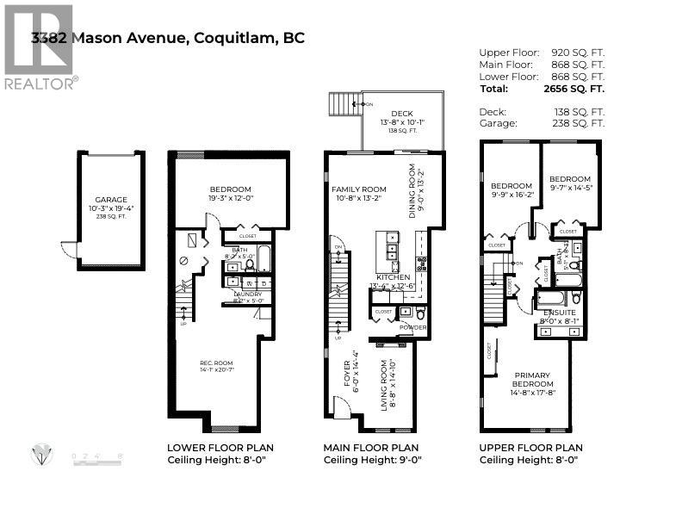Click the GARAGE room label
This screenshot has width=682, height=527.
(111, 196)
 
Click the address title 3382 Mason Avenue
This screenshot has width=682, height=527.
(168, 38)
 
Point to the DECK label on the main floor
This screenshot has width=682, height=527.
(401, 113)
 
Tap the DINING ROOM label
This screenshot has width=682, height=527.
(412, 190)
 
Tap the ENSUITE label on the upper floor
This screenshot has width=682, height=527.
(559, 313)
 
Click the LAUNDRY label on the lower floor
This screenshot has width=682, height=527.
(248, 294)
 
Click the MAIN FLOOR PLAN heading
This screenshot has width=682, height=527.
(370, 448)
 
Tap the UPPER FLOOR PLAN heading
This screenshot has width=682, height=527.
(531, 448)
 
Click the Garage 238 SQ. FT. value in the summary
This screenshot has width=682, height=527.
(578, 123)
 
